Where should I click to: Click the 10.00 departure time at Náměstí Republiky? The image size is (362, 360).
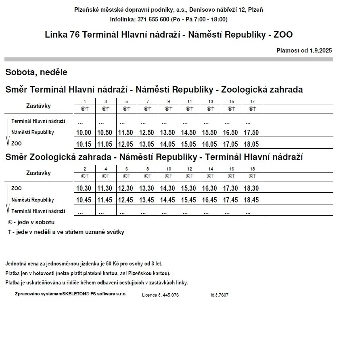[84, 133]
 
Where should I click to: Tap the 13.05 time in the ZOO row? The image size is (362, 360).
[147, 144]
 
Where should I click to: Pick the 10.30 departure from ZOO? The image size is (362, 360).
[84, 188]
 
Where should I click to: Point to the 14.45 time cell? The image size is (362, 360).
[168, 200]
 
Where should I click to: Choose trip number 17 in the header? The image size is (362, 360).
[252, 101]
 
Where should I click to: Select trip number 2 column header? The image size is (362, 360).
[85, 169]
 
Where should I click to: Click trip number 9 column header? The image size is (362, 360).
[168, 101]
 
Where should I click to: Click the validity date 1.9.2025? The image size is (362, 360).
[321, 51]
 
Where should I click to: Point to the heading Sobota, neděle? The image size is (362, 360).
[36, 72]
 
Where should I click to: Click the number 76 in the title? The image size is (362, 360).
[75, 35]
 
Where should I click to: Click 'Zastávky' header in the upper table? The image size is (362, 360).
[38, 106]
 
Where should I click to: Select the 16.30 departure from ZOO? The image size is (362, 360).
[210, 188]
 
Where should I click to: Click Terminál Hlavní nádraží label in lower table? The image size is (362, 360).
[38, 211]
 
